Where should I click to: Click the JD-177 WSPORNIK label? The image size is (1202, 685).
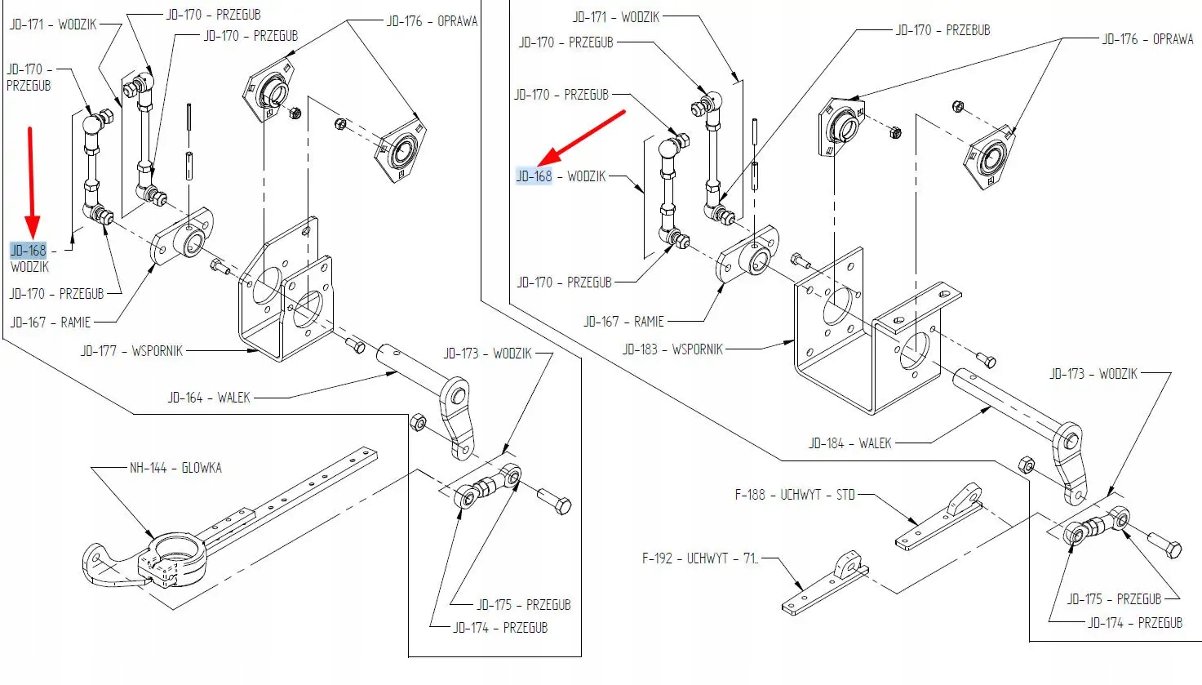click(131, 351)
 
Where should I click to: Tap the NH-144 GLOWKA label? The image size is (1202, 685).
click(175, 468)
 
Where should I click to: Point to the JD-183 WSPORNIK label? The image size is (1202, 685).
click(672, 349)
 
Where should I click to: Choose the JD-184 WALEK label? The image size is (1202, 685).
click(849, 443)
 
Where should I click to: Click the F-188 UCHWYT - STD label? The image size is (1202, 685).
click(794, 494)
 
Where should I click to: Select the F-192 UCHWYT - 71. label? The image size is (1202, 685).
click(699, 558)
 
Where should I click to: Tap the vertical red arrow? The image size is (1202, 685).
click(32, 180)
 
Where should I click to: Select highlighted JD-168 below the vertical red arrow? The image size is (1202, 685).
click(28, 251)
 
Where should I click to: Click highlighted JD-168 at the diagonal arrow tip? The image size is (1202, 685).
click(534, 176)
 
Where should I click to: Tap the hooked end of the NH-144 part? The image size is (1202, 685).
click(98, 563)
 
